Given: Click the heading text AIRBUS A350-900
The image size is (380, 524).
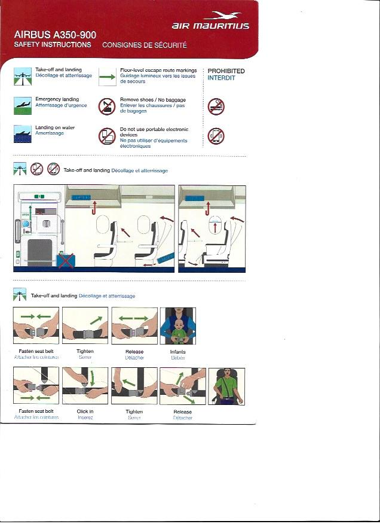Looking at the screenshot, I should (x=55, y=35).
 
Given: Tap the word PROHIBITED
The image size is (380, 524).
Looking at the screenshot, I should (x=226, y=71).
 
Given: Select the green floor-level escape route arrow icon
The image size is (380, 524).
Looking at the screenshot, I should (x=107, y=76).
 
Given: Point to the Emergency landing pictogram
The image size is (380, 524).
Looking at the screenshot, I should (x=23, y=105).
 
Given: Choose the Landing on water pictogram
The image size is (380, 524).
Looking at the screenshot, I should (x=23, y=133).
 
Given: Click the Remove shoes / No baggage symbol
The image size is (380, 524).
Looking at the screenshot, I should (x=106, y=106).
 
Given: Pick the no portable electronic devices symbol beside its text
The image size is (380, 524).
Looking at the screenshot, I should (x=107, y=136).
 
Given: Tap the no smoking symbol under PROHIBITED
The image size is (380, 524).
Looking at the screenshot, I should (x=216, y=107).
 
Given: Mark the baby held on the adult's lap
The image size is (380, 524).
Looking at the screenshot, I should (x=177, y=331).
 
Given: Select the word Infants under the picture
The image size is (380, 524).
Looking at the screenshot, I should (x=178, y=352).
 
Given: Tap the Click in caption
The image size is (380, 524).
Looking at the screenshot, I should (x=85, y=412).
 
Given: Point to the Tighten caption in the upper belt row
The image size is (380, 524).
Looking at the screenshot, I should (x=85, y=352).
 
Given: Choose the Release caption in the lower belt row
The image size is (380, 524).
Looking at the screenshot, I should (x=182, y=412).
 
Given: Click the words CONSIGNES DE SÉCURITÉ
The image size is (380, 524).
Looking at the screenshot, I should (x=145, y=45).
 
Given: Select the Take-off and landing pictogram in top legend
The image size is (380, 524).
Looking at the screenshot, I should (x=23, y=76).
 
